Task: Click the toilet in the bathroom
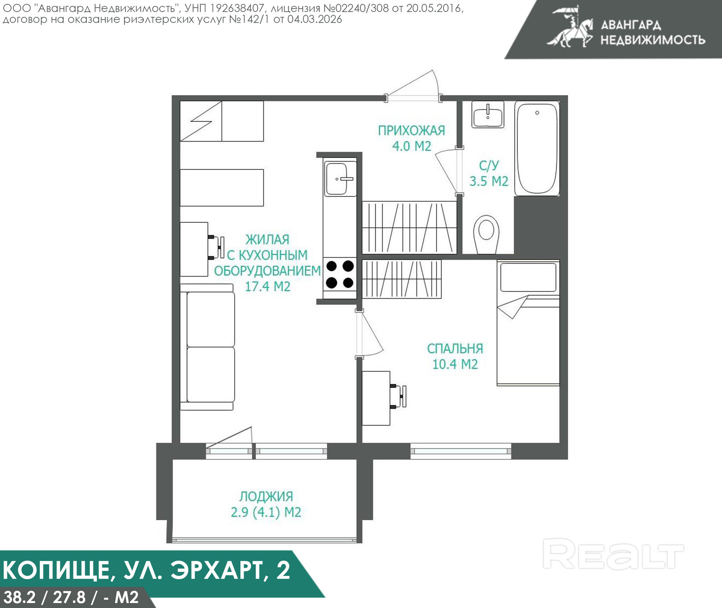coord(486,234)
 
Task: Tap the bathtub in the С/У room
coord(537,148)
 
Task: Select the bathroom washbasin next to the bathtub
coord(488,115)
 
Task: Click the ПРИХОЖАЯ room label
coord(411,131)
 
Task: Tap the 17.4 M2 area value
coord(268,287)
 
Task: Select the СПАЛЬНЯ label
coord(455,349)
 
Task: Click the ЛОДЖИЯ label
coord(266,497)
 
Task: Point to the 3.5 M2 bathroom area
coord(489,181)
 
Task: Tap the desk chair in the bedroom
coord(399,397)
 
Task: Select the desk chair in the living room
coord(216,247)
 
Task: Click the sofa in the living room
coord(207,347)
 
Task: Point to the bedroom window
coord(461,452)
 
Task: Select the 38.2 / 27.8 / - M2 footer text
coord(71,597)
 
